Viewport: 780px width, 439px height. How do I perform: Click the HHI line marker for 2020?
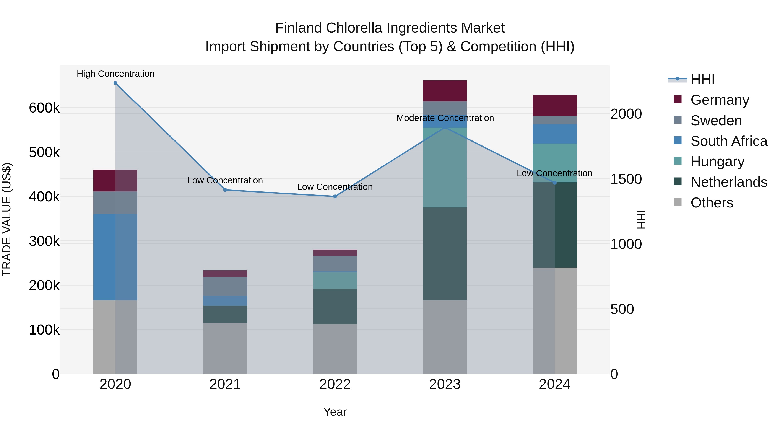(115, 83)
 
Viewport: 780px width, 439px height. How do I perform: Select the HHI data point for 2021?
(225, 190)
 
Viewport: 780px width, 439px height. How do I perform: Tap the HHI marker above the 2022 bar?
(335, 197)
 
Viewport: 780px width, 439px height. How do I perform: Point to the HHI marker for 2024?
(555, 183)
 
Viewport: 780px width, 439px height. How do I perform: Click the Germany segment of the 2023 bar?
(445, 91)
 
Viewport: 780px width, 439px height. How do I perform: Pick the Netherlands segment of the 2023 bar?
(445, 254)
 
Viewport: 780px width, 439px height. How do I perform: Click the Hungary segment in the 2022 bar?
(335, 280)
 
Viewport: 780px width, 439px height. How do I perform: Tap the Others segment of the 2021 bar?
(225, 348)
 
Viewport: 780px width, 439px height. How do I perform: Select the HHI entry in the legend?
(702, 79)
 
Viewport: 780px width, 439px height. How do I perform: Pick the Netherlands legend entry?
(728, 182)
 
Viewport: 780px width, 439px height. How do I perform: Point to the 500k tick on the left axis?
(44, 152)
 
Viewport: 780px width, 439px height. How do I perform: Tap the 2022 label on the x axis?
(335, 384)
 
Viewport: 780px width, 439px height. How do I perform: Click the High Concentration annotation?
(115, 74)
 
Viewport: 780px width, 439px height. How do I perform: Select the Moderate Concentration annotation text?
(445, 118)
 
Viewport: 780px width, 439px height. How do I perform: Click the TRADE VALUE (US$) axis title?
(7, 219)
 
